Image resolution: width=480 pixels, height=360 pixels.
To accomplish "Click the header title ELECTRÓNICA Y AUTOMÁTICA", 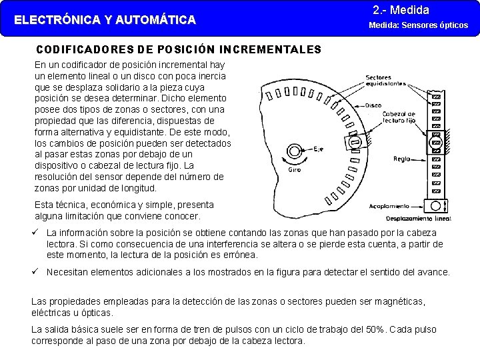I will coord(105,20).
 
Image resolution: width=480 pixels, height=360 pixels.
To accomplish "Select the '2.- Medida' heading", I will coord(401,10).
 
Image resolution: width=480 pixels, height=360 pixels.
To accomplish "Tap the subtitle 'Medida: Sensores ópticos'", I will coord(419,25).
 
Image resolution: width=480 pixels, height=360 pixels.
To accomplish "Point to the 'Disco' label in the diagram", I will coord(373,105).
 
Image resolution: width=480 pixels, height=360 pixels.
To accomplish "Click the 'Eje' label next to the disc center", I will coord(319,149).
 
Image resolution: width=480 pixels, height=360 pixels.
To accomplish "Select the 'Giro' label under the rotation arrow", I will coord(294,170).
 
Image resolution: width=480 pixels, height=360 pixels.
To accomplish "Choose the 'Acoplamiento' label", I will coord(389,207).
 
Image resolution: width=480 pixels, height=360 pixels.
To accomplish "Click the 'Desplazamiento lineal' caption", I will coord(419,218).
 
